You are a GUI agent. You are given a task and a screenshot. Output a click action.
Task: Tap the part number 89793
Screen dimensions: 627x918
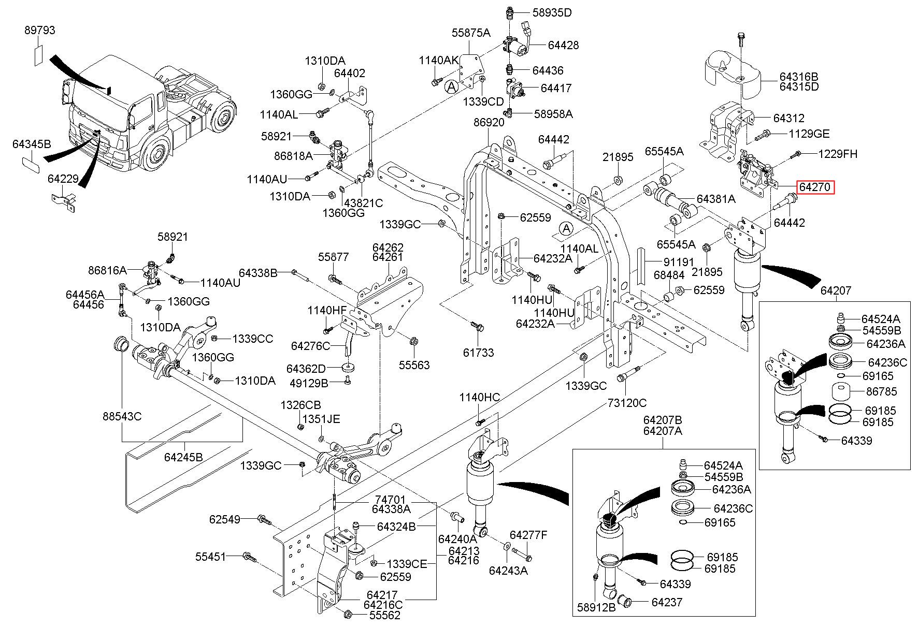pyautogui.click(x=39, y=31)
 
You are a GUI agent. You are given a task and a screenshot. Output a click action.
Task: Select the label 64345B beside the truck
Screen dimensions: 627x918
pyautogui.click(x=32, y=144)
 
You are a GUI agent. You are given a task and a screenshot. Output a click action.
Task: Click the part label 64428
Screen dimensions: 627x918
pyautogui.click(x=563, y=45)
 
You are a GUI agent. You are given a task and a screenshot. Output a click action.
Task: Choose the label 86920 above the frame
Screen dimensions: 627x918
pyautogui.click(x=489, y=123)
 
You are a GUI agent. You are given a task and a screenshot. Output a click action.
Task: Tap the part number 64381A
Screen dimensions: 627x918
pyautogui.click(x=715, y=199)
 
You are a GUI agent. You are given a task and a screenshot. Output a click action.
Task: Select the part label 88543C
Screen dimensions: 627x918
pyautogui.click(x=122, y=416)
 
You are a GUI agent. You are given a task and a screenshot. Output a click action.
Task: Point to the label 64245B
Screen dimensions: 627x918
pyautogui.click(x=183, y=457)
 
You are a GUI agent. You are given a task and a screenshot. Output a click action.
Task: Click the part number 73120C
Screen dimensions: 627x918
pyautogui.click(x=627, y=402)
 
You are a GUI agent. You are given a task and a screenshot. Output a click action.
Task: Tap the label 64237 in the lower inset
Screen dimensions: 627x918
pyautogui.click(x=667, y=602)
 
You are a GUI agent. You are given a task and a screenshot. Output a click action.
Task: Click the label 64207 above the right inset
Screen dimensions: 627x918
pyautogui.click(x=836, y=290)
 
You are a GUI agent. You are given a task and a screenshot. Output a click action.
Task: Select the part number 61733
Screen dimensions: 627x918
pyautogui.click(x=478, y=353)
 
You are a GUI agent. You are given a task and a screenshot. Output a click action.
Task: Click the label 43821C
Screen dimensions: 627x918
pyautogui.click(x=363, y=203)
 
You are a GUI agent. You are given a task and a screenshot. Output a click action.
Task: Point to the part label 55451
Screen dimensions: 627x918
pyautogui.click(x=210, y=557)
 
